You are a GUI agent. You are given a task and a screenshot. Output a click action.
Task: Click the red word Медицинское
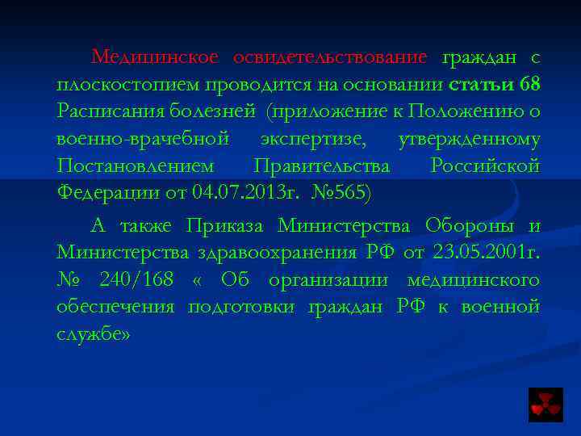click(155, 57)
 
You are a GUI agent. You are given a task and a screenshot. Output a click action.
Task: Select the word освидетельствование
click(330, 57)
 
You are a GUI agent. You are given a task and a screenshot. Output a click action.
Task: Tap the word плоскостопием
click(129, 85)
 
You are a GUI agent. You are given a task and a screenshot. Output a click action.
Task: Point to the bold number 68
click(530, 84)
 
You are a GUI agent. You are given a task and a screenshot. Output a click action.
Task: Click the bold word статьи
click(480, 84)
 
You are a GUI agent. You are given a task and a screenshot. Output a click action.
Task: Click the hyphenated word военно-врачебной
click(144, 139)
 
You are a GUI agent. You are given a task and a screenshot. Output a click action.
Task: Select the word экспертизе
click(313, 139)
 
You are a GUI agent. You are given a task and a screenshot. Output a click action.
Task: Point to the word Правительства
click(321, 166)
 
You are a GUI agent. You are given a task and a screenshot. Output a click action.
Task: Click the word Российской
click(485, 166)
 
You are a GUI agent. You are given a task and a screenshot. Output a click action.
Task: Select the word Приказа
click(228, 225)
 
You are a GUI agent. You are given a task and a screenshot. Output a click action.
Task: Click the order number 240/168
click(136, 279)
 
